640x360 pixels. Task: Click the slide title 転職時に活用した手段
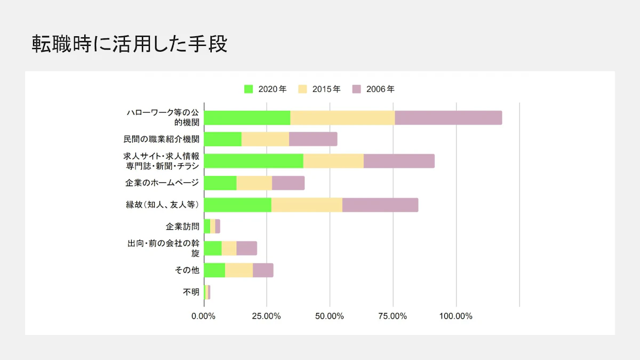pyautogui.click(x=130, y=44)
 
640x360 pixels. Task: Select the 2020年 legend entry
pyautogui.click(x=266, y=89)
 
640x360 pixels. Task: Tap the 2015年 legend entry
pyautogui.click(x=319, y=89)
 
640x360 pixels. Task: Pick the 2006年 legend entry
pyautogui.click(x=374, y=89)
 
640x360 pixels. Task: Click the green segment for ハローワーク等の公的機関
pyautogui.click(x=247, y=118)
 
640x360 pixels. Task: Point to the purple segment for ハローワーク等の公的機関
pyautogui.click(x=448, y=118)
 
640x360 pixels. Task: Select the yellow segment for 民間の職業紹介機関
pyautogui.click(x=265, y=139)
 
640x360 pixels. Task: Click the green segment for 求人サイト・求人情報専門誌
pyautogui.click(x=253, y=161)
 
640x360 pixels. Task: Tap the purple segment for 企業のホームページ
pyautogui.click(x=288, y=183)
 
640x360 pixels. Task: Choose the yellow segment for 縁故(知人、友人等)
pyautogui.click(x=307, y=205)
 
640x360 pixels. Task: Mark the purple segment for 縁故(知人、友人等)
pyautogui.click(x=380, y=205)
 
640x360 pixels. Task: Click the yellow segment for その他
pyautogui.click(x=239, y=270)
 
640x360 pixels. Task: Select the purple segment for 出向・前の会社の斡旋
pyautogui.click(x=246, y=249)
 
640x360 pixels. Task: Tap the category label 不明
pyautogui.click(x=191, y=292)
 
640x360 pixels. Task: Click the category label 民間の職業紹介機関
pyautogui.click(x=162, y=140)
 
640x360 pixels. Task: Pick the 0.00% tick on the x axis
pyautogui.click(x=203, y=316)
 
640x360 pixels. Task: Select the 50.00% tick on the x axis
pyautogui.click(x=330, y=316)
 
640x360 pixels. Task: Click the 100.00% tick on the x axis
pyautogui.click(x=456, y=316)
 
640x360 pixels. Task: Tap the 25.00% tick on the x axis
pyautogui.click(x=266, y=316)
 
